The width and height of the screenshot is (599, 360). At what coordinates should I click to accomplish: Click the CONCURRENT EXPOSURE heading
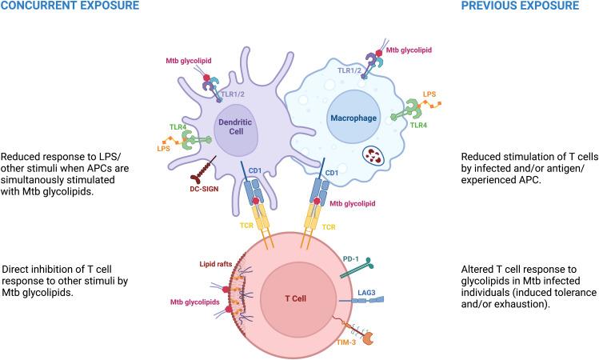pyautogui.click(x=69, y=6)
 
